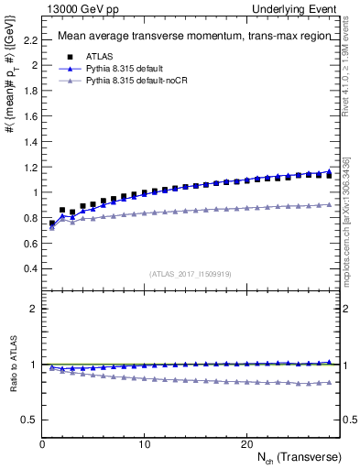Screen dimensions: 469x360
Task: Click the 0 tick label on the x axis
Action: click(x=42, y=443)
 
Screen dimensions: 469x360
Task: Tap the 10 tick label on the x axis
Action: click(x=144, y=443)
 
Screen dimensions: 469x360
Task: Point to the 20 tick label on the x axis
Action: click(x=246, y=443)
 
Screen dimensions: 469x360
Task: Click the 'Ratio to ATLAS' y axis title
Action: click(x=11, y=385)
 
